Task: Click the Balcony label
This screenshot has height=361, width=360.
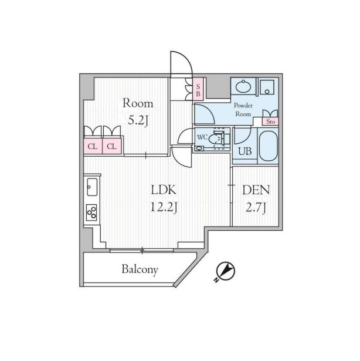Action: click(x=140, y=269)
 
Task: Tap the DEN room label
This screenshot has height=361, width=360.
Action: click(x=256, y=190)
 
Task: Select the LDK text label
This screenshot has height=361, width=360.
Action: click(x=164, y=190)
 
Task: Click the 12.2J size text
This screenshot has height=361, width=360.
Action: click(x=164, y=207)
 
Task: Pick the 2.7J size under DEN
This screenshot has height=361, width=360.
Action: click(x=256, y=208)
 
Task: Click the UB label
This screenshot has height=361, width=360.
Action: click(x=244, y=151)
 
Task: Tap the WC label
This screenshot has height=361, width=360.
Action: click(x=202, y=137)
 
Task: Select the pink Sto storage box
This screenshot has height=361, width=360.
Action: click(x=270, y=122)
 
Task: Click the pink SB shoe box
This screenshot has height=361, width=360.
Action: click(x=198, y=90)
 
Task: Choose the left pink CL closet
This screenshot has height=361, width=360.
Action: click(x=93, y=146)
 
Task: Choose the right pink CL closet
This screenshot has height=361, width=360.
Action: click(x=112, y=146)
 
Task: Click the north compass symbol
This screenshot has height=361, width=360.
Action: click(x=226, y=271)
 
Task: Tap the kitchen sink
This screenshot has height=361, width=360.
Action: click(x=92, y=187)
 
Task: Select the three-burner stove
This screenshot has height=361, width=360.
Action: click(x=91, y=212)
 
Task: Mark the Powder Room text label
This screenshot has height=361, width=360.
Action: click(x=243, y=110)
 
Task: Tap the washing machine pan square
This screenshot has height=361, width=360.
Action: click(x=267, y=87)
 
